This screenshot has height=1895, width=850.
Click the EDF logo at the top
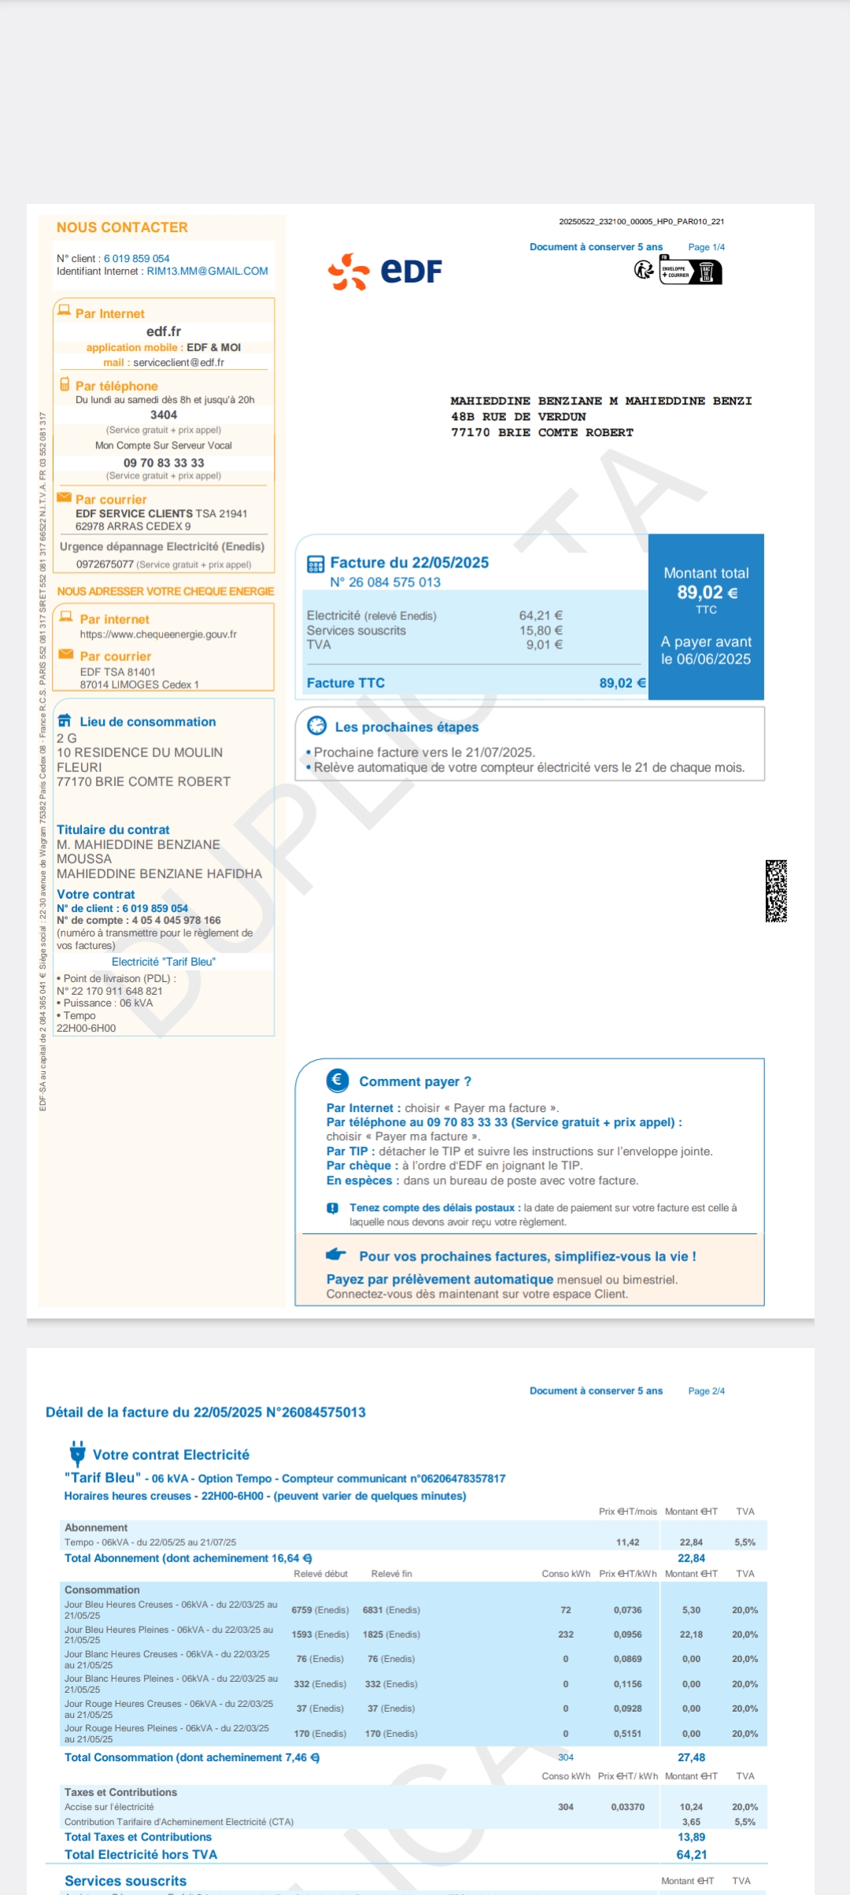pyautogui.click(x=385, y=272)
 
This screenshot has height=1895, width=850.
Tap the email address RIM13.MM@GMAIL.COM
pyautogui.click(x=207, y=272)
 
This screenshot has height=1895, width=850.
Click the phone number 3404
pyautogui.click(x=164, y=415)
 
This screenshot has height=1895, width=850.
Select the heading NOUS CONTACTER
pyautogui.click(x=122, y=227)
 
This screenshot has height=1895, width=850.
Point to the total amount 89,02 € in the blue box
pyautogui.click(x=707, y=593)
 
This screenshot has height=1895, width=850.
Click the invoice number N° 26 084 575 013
pyautogui.click(x=385, y=582)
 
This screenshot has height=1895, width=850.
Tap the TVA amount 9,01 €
pyautogui.click(x=544, y=645)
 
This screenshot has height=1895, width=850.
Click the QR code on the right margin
pyautogui.click(x=776, y=891)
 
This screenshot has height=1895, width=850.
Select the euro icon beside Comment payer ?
pyautogui.click(x=338, y=1080)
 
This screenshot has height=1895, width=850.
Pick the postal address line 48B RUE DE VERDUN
pyautogui.click(x=518, y=417)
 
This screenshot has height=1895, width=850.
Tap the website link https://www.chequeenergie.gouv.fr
pyautogui.click(x=158, y=634)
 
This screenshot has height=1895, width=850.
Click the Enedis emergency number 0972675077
pyautogui.click(x=105, y=564)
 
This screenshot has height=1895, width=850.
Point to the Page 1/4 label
pyautogui.click(x=706, y=247)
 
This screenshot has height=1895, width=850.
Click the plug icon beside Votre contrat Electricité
pyautogui.click(x=77, y=1453)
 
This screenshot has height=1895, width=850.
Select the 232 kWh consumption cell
pyautogui.click(x=565, y=1635)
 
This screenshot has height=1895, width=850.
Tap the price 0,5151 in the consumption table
pyautogui.click(x=627, y=1734)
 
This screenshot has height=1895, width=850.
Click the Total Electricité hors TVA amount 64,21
pyautogui.click(x=691, y=1855)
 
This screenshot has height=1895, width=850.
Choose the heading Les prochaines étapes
pyautogui.click(x=406, y=727)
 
